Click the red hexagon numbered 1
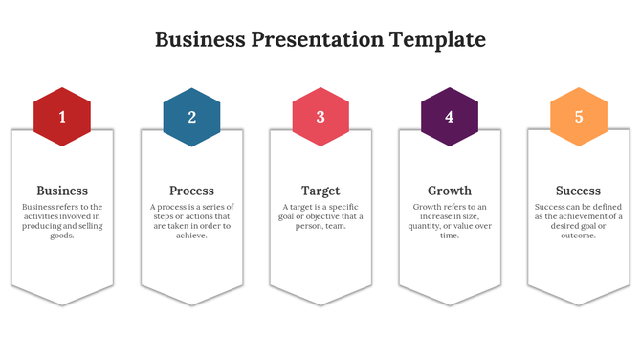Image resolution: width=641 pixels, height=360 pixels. pos(62,117)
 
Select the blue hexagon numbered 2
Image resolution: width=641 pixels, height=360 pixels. pos(191,117)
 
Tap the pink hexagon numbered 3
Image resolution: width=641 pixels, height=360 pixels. pos(320,117)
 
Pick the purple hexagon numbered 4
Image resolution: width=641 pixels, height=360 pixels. pos(450,117)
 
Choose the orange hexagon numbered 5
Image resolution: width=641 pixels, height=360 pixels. pos(579,117)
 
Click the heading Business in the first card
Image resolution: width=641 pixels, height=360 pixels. pos(62,191)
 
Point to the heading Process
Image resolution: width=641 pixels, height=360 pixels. pos(191,191)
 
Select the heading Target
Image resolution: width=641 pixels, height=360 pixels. pos(320,191)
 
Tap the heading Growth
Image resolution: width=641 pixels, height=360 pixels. pos(450,191)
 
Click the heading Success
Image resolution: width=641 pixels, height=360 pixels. pos(579,191)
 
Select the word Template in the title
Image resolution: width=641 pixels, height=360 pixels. pos(438,39)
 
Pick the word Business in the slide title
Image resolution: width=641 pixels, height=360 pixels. pos(200,39)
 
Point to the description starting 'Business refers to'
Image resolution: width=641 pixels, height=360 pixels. pos(62,221)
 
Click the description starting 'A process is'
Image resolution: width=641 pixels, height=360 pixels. pos(191,221)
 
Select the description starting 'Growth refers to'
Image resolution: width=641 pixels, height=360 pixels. pos(450,221)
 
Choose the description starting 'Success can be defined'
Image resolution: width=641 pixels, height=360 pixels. pos(579,221)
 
